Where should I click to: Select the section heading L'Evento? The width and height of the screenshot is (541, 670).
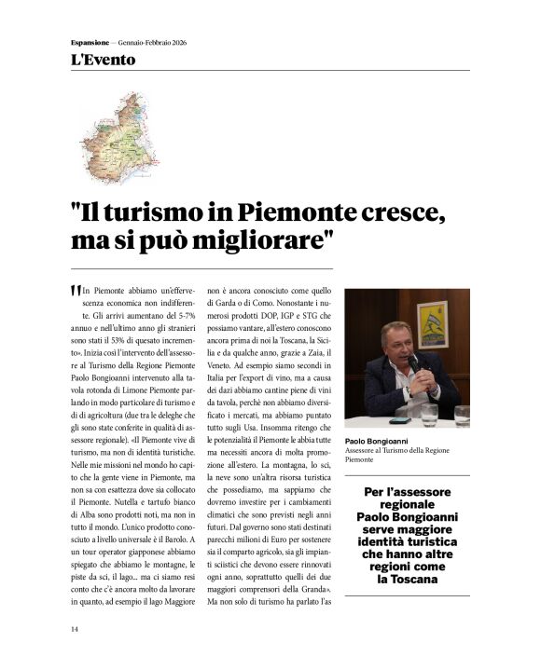(103, 61)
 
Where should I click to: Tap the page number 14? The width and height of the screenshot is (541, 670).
(75, 629)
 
